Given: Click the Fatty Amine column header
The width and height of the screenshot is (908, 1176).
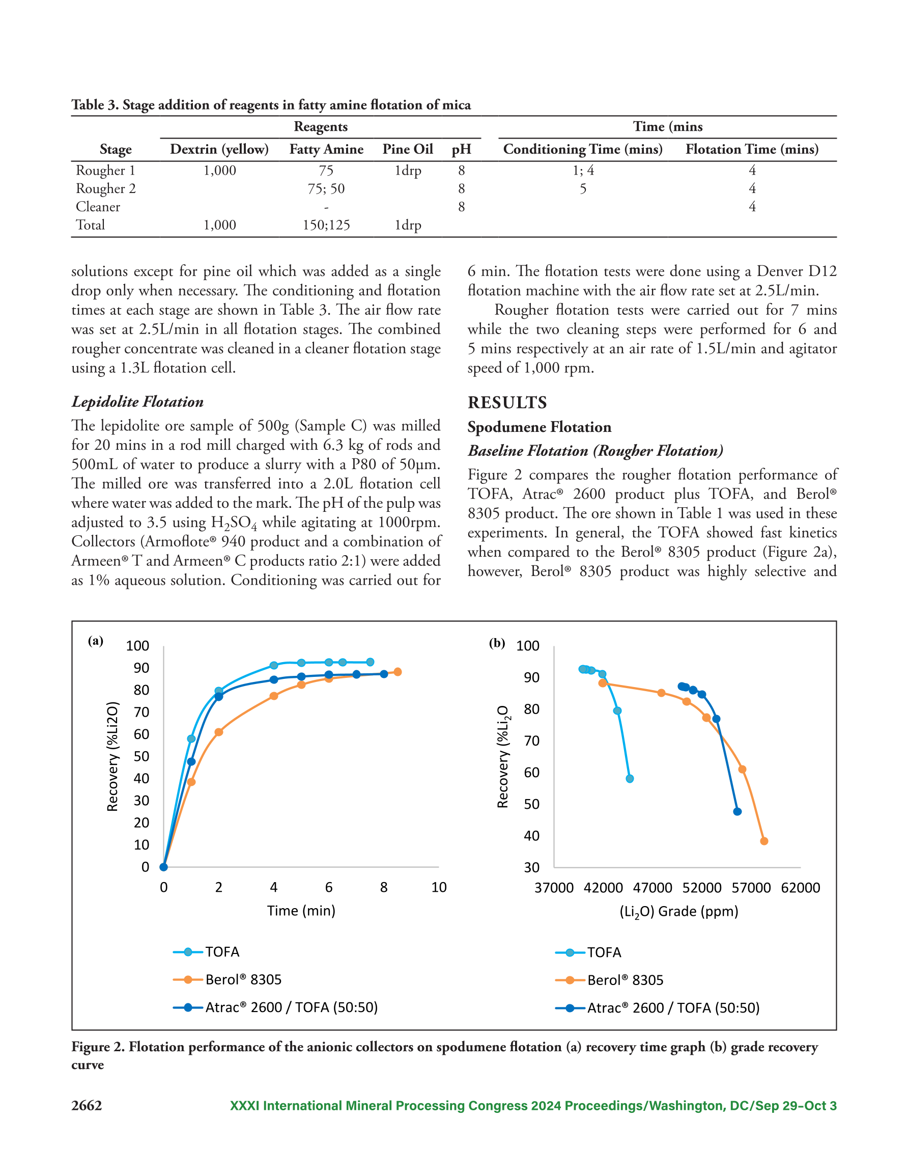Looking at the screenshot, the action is tap(326, 149).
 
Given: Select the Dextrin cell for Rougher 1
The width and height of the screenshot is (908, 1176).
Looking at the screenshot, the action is tap(219, 170).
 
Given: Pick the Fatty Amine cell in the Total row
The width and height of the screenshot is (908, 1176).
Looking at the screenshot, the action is tap(326, 225).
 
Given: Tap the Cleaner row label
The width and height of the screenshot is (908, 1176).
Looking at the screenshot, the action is tap(98, 207).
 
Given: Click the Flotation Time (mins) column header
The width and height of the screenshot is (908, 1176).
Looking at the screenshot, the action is tap(752, 149).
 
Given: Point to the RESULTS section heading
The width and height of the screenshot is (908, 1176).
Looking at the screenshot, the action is tap(507, 402).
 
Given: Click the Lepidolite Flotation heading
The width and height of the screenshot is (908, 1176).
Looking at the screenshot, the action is tap(138, 402).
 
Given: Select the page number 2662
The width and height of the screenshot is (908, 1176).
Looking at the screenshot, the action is tap(87, 1106).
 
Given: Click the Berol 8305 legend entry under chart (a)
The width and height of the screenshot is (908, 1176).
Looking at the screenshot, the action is tap(227, 979).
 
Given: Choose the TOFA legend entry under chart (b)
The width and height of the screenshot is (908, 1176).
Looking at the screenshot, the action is tap(588, 952).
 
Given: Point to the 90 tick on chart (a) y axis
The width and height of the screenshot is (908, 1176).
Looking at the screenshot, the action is tap(141, 668).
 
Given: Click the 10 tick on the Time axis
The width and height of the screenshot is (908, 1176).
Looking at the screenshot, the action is tap(439, 887).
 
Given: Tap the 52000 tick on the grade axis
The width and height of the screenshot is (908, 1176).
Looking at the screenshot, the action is tap(702, 888).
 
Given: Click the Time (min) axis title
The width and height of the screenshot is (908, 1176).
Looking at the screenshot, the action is tap(301, 911).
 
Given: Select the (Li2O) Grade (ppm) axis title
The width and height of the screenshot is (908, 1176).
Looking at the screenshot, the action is tap(679, 912).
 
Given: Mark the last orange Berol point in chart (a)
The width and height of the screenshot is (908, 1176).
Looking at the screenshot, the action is tap(397, 672).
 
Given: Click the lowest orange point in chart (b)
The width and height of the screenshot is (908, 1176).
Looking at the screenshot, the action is tap(764, 841).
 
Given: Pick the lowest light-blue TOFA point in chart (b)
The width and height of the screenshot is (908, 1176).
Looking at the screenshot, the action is tap(630, 779).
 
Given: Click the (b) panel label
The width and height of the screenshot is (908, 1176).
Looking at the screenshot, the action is tap(497, 642).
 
